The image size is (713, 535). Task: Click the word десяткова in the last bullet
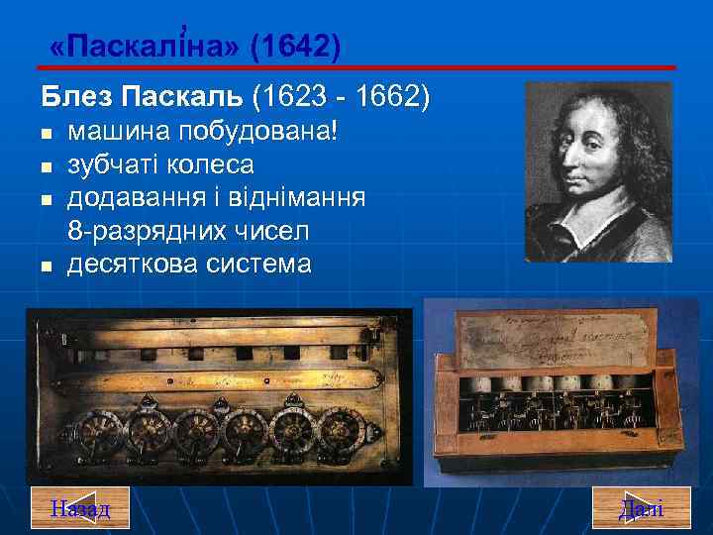click(131, 265)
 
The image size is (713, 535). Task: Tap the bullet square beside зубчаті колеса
click(46, 166)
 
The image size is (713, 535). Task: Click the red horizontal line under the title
click(356, 67)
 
